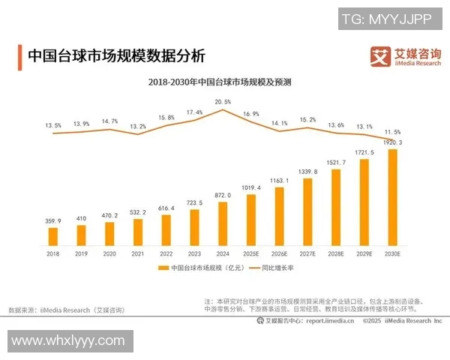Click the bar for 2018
tap(53, 237)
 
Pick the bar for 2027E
tap(307, 212)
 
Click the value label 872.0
tap(223, 195)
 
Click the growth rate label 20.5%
tap(223, 101)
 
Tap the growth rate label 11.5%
tap(392, 131)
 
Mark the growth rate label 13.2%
tap(138, 127)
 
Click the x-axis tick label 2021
tap(138, 255)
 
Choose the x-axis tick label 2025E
tap(251, 255)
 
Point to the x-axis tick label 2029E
tap(364, 255)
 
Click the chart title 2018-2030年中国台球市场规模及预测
tap(220, 81)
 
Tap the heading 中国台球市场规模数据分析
tap(116, 56)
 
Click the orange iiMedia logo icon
tap(382, 55)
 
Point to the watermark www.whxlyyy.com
tap(68, 340)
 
